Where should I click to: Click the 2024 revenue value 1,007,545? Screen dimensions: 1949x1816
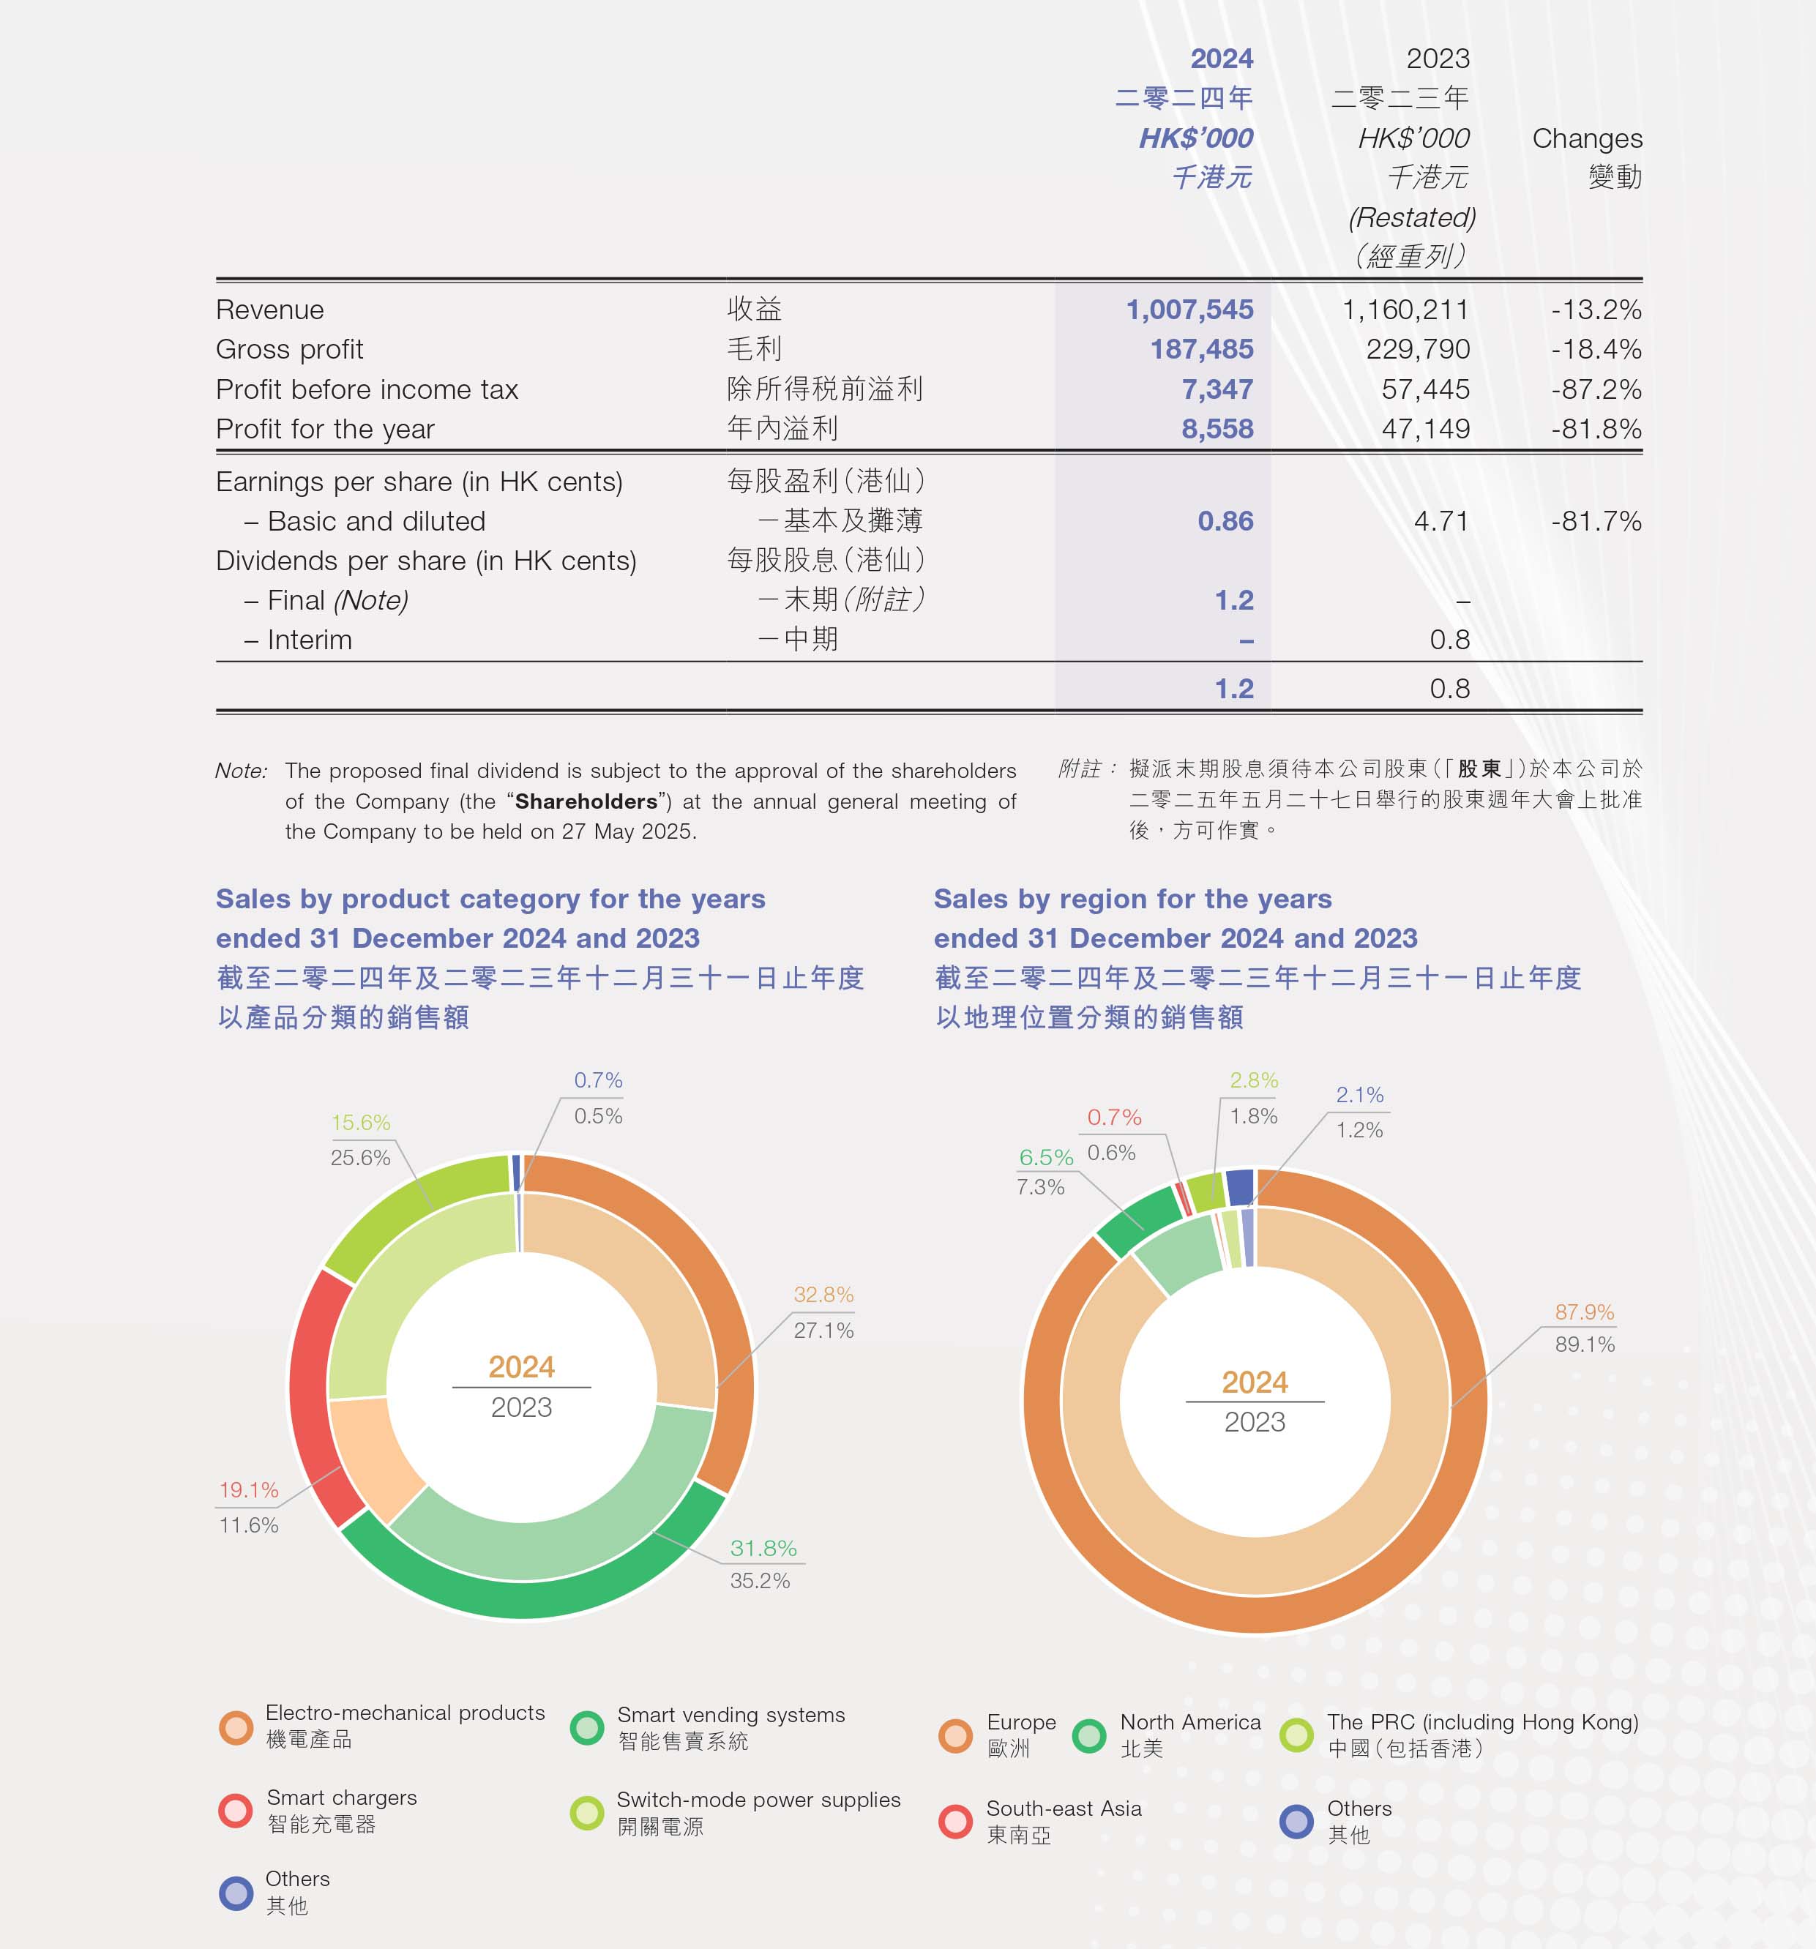(1189, 310)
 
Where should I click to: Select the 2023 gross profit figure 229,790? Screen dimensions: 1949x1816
(1417, 349)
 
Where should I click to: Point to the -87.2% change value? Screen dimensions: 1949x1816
(1596, 389)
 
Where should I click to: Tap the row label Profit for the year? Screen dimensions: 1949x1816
(324, 430)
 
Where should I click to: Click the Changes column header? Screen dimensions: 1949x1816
(1587, 138)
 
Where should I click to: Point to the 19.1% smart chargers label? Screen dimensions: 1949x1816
(248, 1489)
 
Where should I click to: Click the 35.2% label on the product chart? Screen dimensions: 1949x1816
(759, 1579)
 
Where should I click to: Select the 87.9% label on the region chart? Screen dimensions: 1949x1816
(1584, 1312)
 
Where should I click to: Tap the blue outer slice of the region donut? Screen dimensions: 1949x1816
(1239, 1186)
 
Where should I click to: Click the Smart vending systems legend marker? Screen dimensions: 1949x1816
(586, 1727)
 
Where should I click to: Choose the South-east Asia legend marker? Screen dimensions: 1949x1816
(955, 1821)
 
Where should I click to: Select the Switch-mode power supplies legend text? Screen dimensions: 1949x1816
(758, 1800)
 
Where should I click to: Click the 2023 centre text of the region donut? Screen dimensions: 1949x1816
(1254, 1421)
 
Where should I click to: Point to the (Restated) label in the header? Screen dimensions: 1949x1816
(1412, 217)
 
